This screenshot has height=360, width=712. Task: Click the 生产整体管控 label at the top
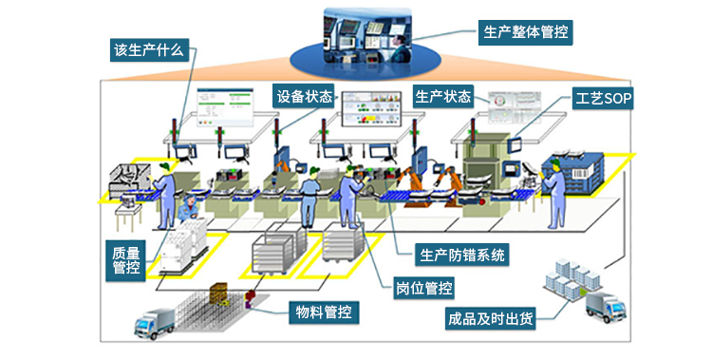525,30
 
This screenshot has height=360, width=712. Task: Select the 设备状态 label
305,96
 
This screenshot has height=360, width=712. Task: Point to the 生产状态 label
443,96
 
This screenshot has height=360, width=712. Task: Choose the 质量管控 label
125,259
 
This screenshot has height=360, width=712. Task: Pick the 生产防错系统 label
462,254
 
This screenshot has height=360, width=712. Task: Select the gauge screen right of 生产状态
513,111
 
